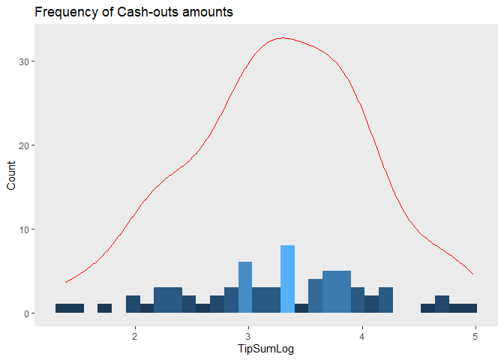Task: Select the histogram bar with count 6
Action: click(245, 287)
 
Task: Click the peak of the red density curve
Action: click(282, 37)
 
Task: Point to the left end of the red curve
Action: click(66, 282)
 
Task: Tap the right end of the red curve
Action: click(472, 274)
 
